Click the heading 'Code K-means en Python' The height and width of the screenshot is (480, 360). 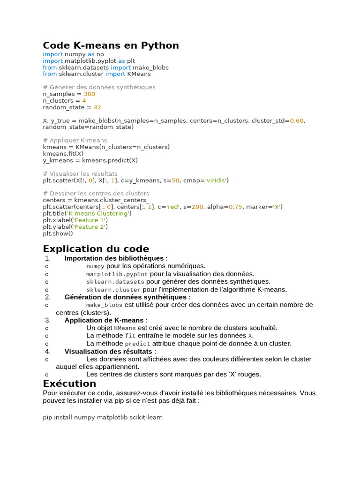tap(111, 45)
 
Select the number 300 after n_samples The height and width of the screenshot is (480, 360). tap(89, 94)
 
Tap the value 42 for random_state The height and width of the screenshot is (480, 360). tap(97, 107)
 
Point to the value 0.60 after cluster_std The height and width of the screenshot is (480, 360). tap(297, 120)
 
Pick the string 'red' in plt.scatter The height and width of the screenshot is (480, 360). tap(173, 207)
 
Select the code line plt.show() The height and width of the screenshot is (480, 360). tap(58, 233)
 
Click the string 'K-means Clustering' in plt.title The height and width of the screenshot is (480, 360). tap(99, 213)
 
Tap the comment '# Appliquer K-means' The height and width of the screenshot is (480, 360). tap(75, 140)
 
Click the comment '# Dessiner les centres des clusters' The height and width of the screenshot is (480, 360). tap(96, 193)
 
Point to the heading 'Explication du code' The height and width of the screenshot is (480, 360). tap(96, 248)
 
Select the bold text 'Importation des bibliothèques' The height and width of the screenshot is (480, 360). tap(114, 258)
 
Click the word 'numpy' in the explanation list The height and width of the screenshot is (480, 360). tap(95, 266)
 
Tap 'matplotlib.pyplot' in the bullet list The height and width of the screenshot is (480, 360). tap(117, 274)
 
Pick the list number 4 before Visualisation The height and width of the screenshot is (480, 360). tap(48, 351)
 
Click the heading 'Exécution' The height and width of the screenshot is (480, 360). tap(69, 383)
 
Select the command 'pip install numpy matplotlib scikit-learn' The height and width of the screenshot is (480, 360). tap(103, 417)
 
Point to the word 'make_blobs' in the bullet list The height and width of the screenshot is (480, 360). tap(104, 305)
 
